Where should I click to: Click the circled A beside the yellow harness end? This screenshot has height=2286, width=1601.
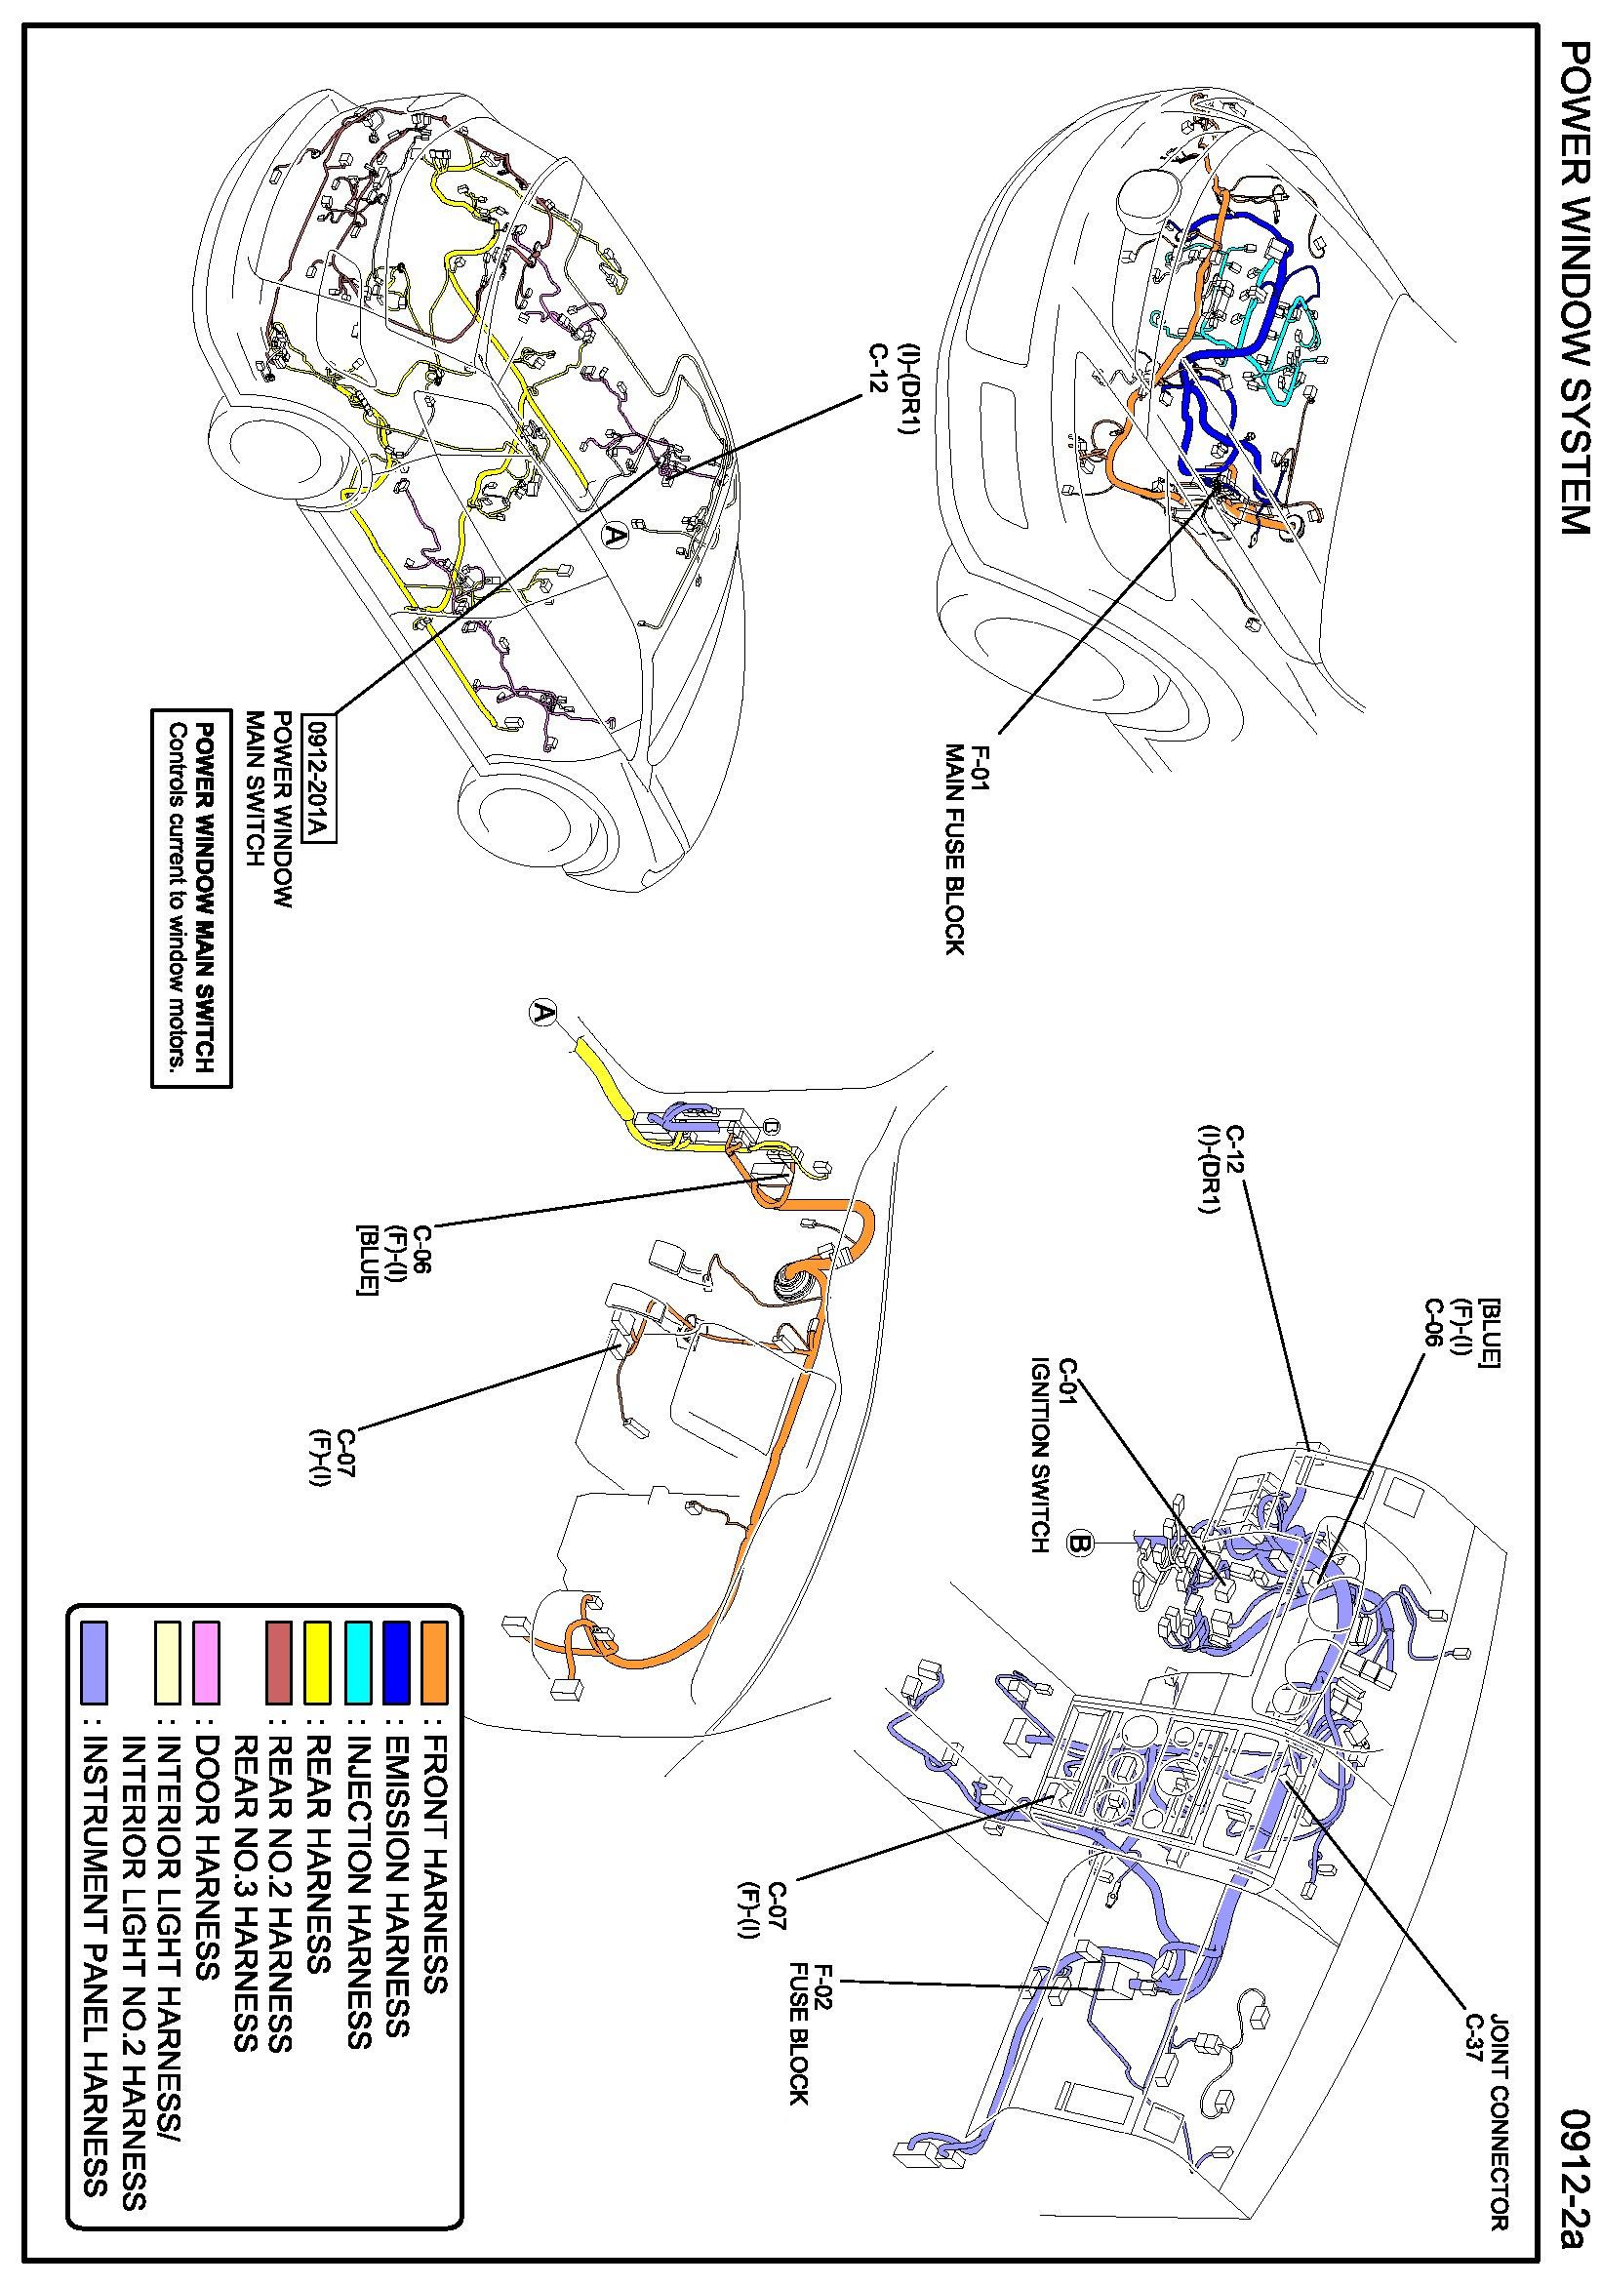(541, 1014)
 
